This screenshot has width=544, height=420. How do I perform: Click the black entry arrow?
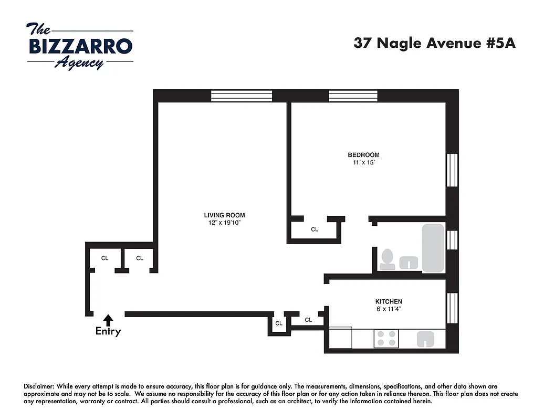[108, 319]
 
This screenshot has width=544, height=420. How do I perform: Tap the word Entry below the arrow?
[108, 331]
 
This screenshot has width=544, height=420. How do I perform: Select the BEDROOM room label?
[363, 155]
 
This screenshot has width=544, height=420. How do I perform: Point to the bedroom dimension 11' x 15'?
[363, 163]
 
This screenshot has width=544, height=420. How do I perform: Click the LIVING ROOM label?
[224, 215]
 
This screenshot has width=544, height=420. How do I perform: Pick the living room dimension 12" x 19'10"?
[224, 223]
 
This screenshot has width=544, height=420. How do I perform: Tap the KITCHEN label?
[389, 301]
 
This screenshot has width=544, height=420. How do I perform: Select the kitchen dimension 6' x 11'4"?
[389, 309]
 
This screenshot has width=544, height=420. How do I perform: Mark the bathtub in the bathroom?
[433, 248]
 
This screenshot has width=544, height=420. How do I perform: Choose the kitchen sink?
[427, 340]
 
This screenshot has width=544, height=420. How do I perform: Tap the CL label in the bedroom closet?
[315, 229]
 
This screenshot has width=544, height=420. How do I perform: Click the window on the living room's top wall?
[242, 96]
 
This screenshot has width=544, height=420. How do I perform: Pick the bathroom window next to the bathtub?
[452, 240]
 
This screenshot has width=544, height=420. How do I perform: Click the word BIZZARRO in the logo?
[80, 46]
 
